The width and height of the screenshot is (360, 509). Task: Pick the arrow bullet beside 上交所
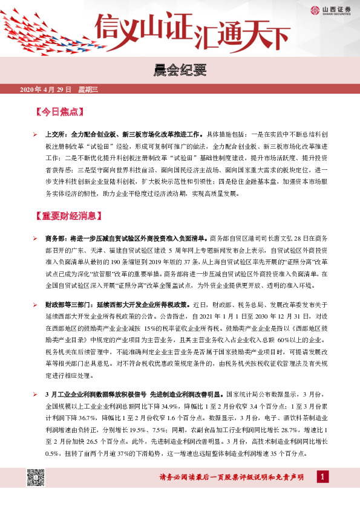pos(36,134)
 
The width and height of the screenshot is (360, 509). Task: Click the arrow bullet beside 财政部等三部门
pos(36,305)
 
